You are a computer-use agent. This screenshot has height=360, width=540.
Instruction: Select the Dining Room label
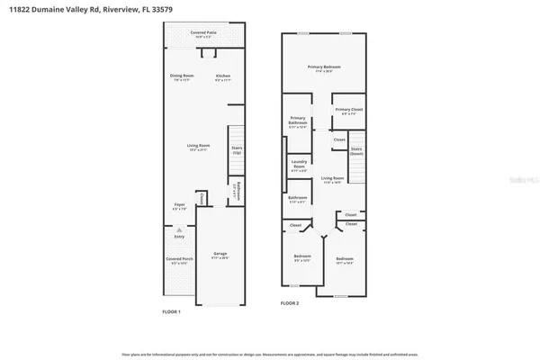[182, 77]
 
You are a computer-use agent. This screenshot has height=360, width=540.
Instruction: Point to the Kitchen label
[223, 77]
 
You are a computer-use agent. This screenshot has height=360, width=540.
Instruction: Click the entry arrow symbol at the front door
[179, 230]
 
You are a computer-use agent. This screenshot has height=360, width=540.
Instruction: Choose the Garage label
[220, 256]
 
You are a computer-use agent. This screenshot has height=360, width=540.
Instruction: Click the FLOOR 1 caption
[171, 311]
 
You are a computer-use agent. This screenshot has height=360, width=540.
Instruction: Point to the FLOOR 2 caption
[289, 303]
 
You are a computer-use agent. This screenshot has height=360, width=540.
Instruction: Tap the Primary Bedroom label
[324, 68]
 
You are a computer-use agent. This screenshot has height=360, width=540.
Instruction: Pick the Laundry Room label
[299, 167]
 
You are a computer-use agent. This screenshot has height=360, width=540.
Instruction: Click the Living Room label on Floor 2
[333, 180]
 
